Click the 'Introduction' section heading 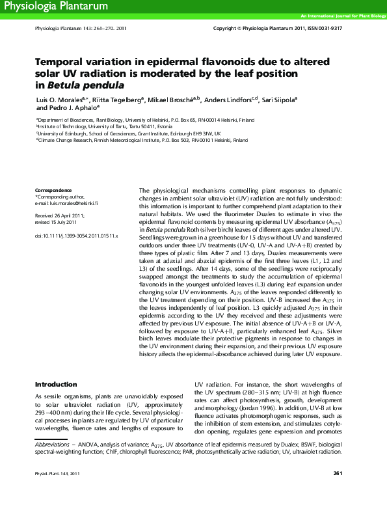(56, 384)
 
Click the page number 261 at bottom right (338, 491)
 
